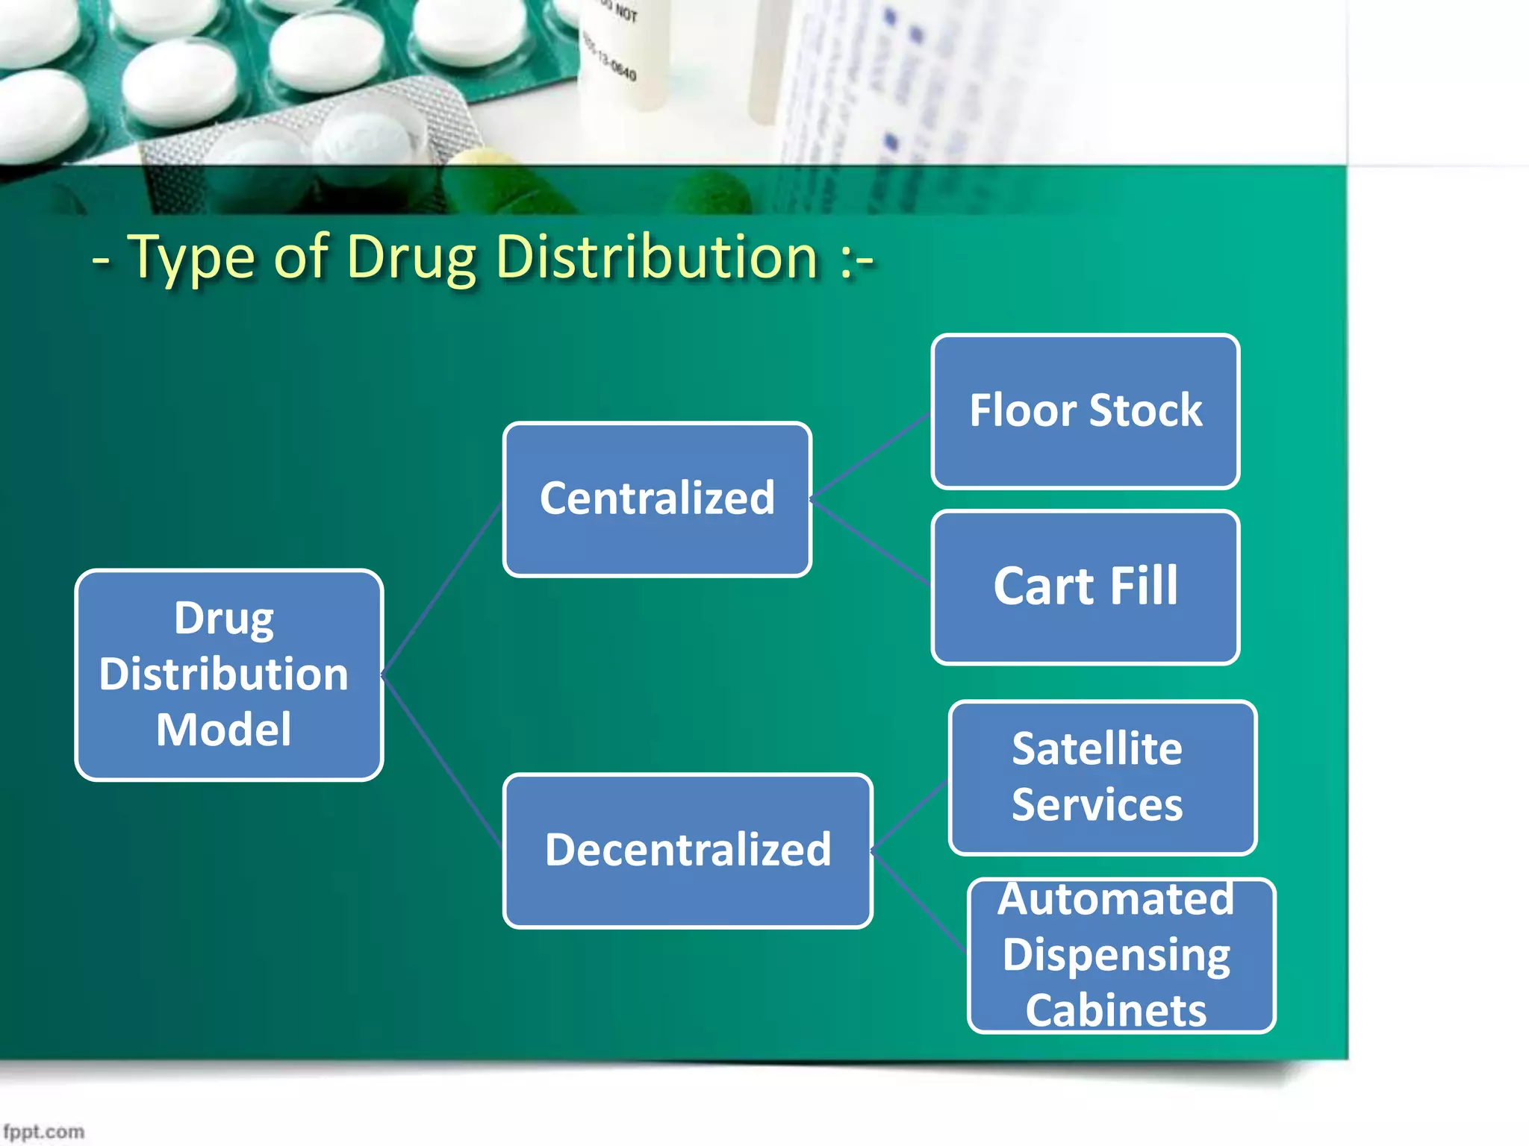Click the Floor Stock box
(x=1086, y=411)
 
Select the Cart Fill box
(x=1086, y=587)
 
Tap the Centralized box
(x=657, y=499)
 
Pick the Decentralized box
(x=688, y=851)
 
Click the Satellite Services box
(x=1102, y=777)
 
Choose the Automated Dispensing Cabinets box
(x=1121, y=956)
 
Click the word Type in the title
(x=191, y=258)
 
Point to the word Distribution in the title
(x=657, y=258)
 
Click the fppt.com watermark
(x=43, y=1131)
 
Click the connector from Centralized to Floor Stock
(x=871, y=455)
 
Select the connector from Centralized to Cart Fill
(x=871, y=542)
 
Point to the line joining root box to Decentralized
(x=443, y=761)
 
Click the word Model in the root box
(x=224, y=730)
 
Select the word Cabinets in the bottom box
(x=1116, y=1011)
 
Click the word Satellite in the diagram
(x=1097, y=749)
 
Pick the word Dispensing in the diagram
(x=1116, y=955)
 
